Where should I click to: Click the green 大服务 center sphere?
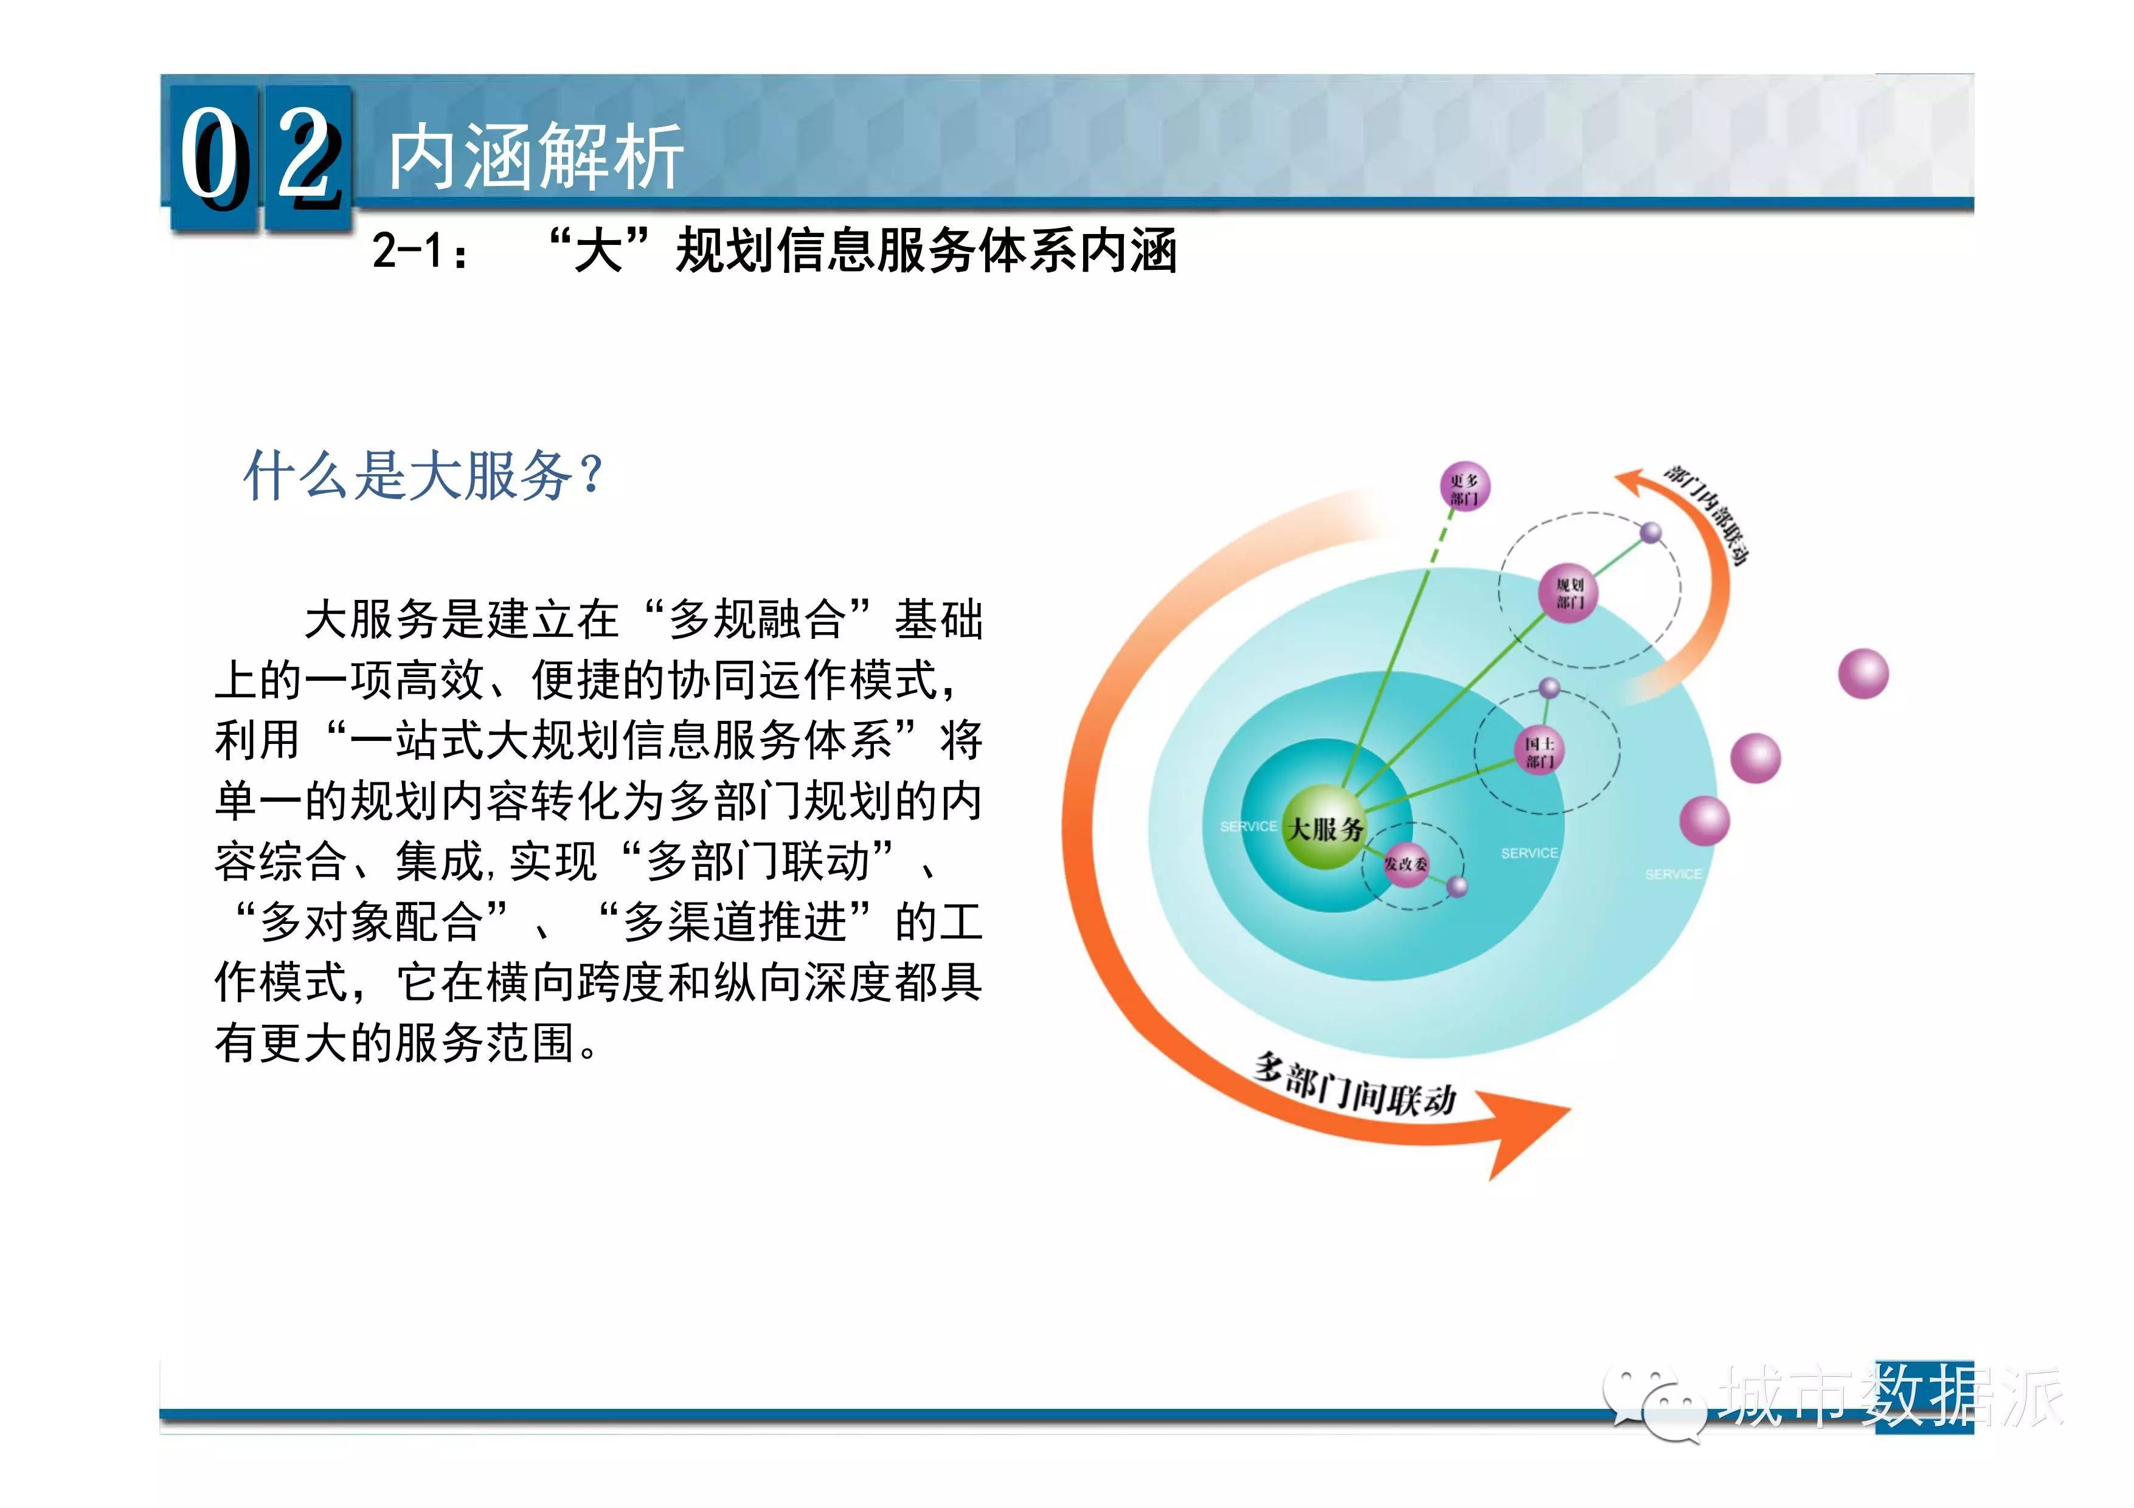(1325, 827)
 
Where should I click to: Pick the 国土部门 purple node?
(1539, 752)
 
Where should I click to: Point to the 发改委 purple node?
(1405, 864)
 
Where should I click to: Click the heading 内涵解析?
(536, 157)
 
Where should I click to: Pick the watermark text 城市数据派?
(1891, 1395)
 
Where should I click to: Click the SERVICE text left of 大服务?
(1249, 826)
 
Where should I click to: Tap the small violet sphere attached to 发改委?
(1457, 886)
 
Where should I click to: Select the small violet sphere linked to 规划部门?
(1650, 533)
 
